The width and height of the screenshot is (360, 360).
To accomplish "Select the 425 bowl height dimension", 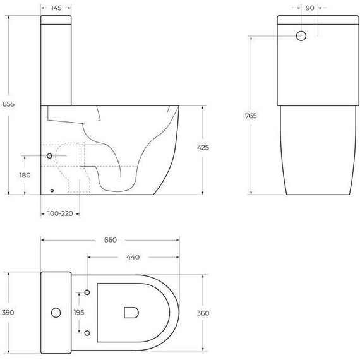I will (x=203, y=147).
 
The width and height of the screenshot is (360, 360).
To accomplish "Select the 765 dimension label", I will (x=251, y=116).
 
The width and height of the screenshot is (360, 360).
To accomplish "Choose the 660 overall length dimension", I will (x=111, y=240).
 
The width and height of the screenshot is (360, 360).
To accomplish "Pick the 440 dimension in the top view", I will (x=133, y=257).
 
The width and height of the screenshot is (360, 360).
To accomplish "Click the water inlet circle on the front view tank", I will (x=301, y=36).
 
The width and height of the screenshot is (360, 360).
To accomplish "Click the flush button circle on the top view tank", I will (x=56, y=312).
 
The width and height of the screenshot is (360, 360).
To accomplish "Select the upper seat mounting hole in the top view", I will (x=87, y=292).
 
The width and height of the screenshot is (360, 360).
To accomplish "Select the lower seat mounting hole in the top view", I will (x=87, y=332).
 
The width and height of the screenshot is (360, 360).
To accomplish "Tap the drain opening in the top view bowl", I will (x=131, y=312).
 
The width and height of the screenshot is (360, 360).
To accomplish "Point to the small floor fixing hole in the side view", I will (x=52, y=189).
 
